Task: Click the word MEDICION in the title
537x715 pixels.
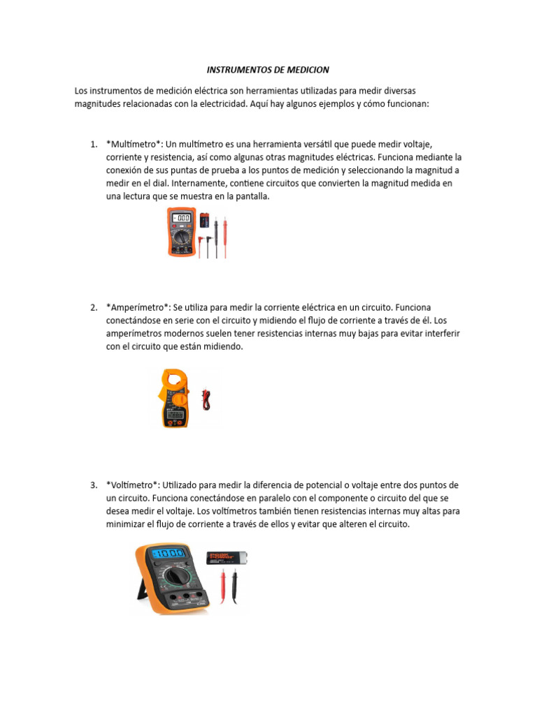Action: click(305, 71)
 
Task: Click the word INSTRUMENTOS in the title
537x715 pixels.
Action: click(237, 71)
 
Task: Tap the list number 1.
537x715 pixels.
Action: click(93, 144)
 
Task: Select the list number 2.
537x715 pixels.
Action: click(93, 307)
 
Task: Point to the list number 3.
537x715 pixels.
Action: click(93, 485)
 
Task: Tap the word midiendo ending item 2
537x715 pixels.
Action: click(222, 347)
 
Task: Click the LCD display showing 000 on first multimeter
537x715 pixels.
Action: click(181, 219)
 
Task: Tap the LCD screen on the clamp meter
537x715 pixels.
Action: click(174, 413)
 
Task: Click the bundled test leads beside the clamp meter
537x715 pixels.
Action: click(205, 399)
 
